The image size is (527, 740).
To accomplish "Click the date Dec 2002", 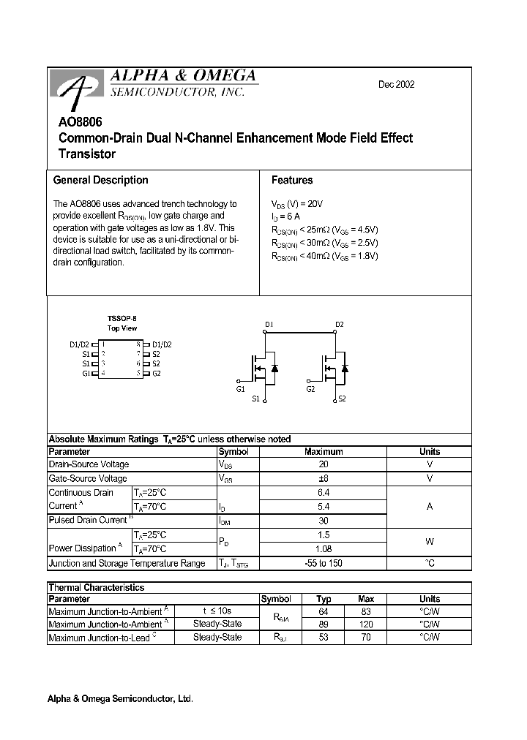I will point(396,85).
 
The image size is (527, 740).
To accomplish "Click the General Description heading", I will point(100,180).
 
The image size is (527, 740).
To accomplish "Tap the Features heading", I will point(291,180).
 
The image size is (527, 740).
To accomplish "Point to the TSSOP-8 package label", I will point(122,319).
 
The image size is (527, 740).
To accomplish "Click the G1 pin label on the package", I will point(86,373).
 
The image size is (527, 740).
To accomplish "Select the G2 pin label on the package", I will point(156,373).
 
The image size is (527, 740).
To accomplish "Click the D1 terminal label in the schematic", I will point(269,324).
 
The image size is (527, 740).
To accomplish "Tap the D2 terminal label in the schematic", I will point(339,324).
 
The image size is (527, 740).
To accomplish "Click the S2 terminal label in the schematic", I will point(342,399).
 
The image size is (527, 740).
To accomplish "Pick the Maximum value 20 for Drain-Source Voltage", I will point(324,464).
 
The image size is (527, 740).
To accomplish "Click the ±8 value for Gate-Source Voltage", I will point(324,478).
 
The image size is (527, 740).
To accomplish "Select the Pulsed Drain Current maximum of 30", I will point(324,520).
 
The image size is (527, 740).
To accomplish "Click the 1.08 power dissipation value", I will point(324,548).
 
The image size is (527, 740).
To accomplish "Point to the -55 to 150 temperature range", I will point(324,563).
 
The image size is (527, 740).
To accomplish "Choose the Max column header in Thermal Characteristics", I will point(366,599).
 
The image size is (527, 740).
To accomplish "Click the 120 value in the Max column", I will point(366,624).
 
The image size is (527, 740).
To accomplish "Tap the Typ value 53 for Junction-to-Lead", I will point(324,638).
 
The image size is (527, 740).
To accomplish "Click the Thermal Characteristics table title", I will point(96,587).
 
